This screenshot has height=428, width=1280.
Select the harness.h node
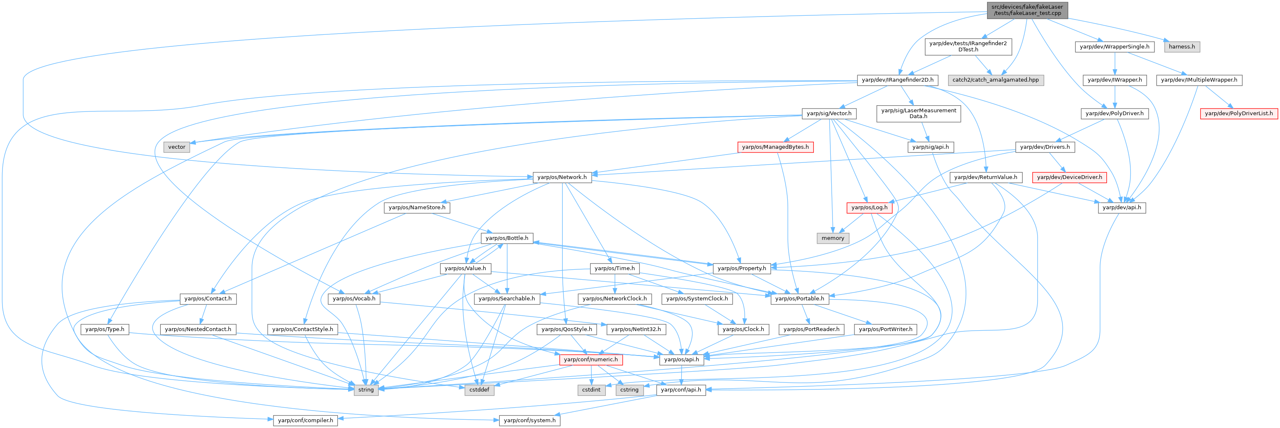tap(1182, 47)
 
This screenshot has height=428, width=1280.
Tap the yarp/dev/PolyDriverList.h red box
tap(1239, 114)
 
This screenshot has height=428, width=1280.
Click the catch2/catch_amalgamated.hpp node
tap(995, 80)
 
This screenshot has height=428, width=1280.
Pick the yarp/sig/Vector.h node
tap(829, 114)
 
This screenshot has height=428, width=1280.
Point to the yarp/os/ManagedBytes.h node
tap(775, 147)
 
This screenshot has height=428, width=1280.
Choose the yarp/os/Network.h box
tap(562, 177)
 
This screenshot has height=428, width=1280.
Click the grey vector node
tap(177, 147)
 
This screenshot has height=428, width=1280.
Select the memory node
tap(833, 238)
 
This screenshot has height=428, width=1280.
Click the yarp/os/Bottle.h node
tap(507, 238)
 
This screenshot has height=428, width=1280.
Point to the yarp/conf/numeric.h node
tap(591, 359)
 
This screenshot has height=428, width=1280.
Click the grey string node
tap(366, 390)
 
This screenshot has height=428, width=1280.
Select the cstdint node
tap(591, 390)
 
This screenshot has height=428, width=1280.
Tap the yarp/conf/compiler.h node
tap(305, 421)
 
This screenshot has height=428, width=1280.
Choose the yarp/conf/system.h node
tap(530, 421)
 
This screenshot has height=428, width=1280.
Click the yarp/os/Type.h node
tap(105, 329)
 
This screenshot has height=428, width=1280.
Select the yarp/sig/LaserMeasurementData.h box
tap(918, 114)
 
